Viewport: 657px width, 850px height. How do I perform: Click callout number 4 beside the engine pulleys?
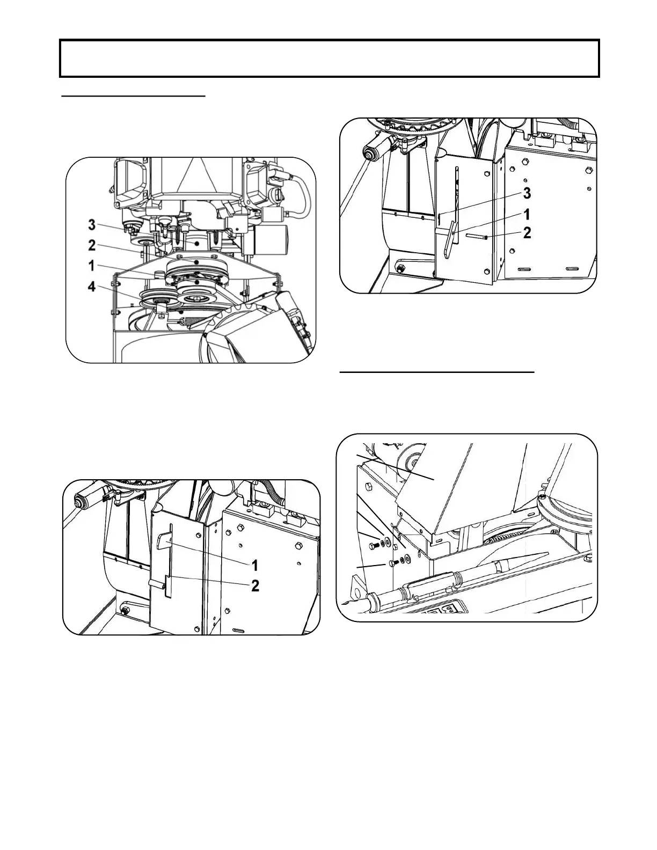click(x=93, y=287)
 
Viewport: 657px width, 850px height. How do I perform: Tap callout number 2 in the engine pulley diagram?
click(x=93, y=246)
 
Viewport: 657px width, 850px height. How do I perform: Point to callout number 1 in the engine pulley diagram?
click(x=92, y=266)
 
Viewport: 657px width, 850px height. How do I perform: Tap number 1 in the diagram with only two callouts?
click(x=255, y=565)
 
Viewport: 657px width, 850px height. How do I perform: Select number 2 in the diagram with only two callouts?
click(x=255, y=585)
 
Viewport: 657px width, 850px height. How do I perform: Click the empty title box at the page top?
click(x=328, y=58)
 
